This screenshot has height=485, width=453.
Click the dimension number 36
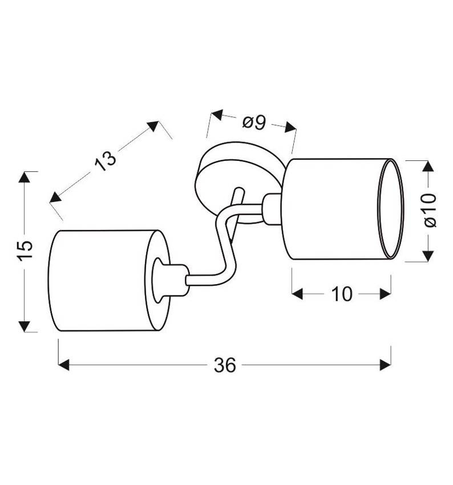tap(225, 365)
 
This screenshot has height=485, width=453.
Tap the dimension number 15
tap(25, 250)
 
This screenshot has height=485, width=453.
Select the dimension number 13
tap(106, 160)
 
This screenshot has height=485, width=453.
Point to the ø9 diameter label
tap(254, 123)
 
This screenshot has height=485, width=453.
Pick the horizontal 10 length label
tap(342, 294)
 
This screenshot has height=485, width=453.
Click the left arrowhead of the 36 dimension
tap(64, 365)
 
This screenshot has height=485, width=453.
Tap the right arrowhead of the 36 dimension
tap(385, 365)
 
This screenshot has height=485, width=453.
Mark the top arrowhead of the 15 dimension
tap(25, 177)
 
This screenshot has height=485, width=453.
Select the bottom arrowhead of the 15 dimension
tap(25, 326)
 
